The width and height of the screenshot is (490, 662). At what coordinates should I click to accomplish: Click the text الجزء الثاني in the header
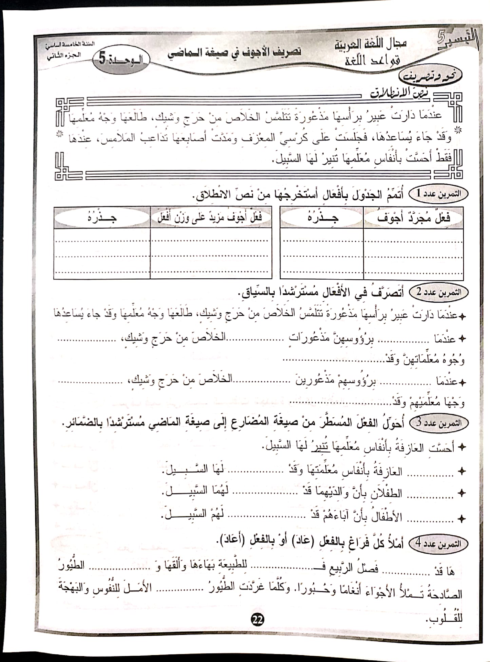click(64, 55)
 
